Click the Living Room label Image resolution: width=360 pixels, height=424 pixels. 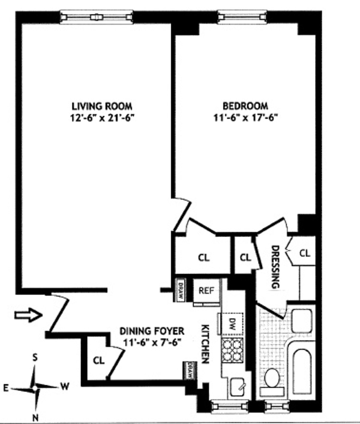click(x=102, y=106)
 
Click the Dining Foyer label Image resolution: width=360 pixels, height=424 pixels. click(x=152, y=331)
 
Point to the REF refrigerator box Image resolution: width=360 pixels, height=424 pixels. click(x=207, y=291)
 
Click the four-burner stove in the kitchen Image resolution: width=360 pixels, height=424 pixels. click(x=232, y=349)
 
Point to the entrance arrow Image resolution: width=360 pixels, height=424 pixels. click(x=28, y=315)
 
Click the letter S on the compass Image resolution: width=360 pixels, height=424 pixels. click(x=35, y=358)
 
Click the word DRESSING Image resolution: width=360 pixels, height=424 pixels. click(x=275, y=267)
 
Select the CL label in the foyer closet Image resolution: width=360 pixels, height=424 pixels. click(x=99, y=360)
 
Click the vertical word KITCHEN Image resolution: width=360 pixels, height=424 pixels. click(x=205, y=344)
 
